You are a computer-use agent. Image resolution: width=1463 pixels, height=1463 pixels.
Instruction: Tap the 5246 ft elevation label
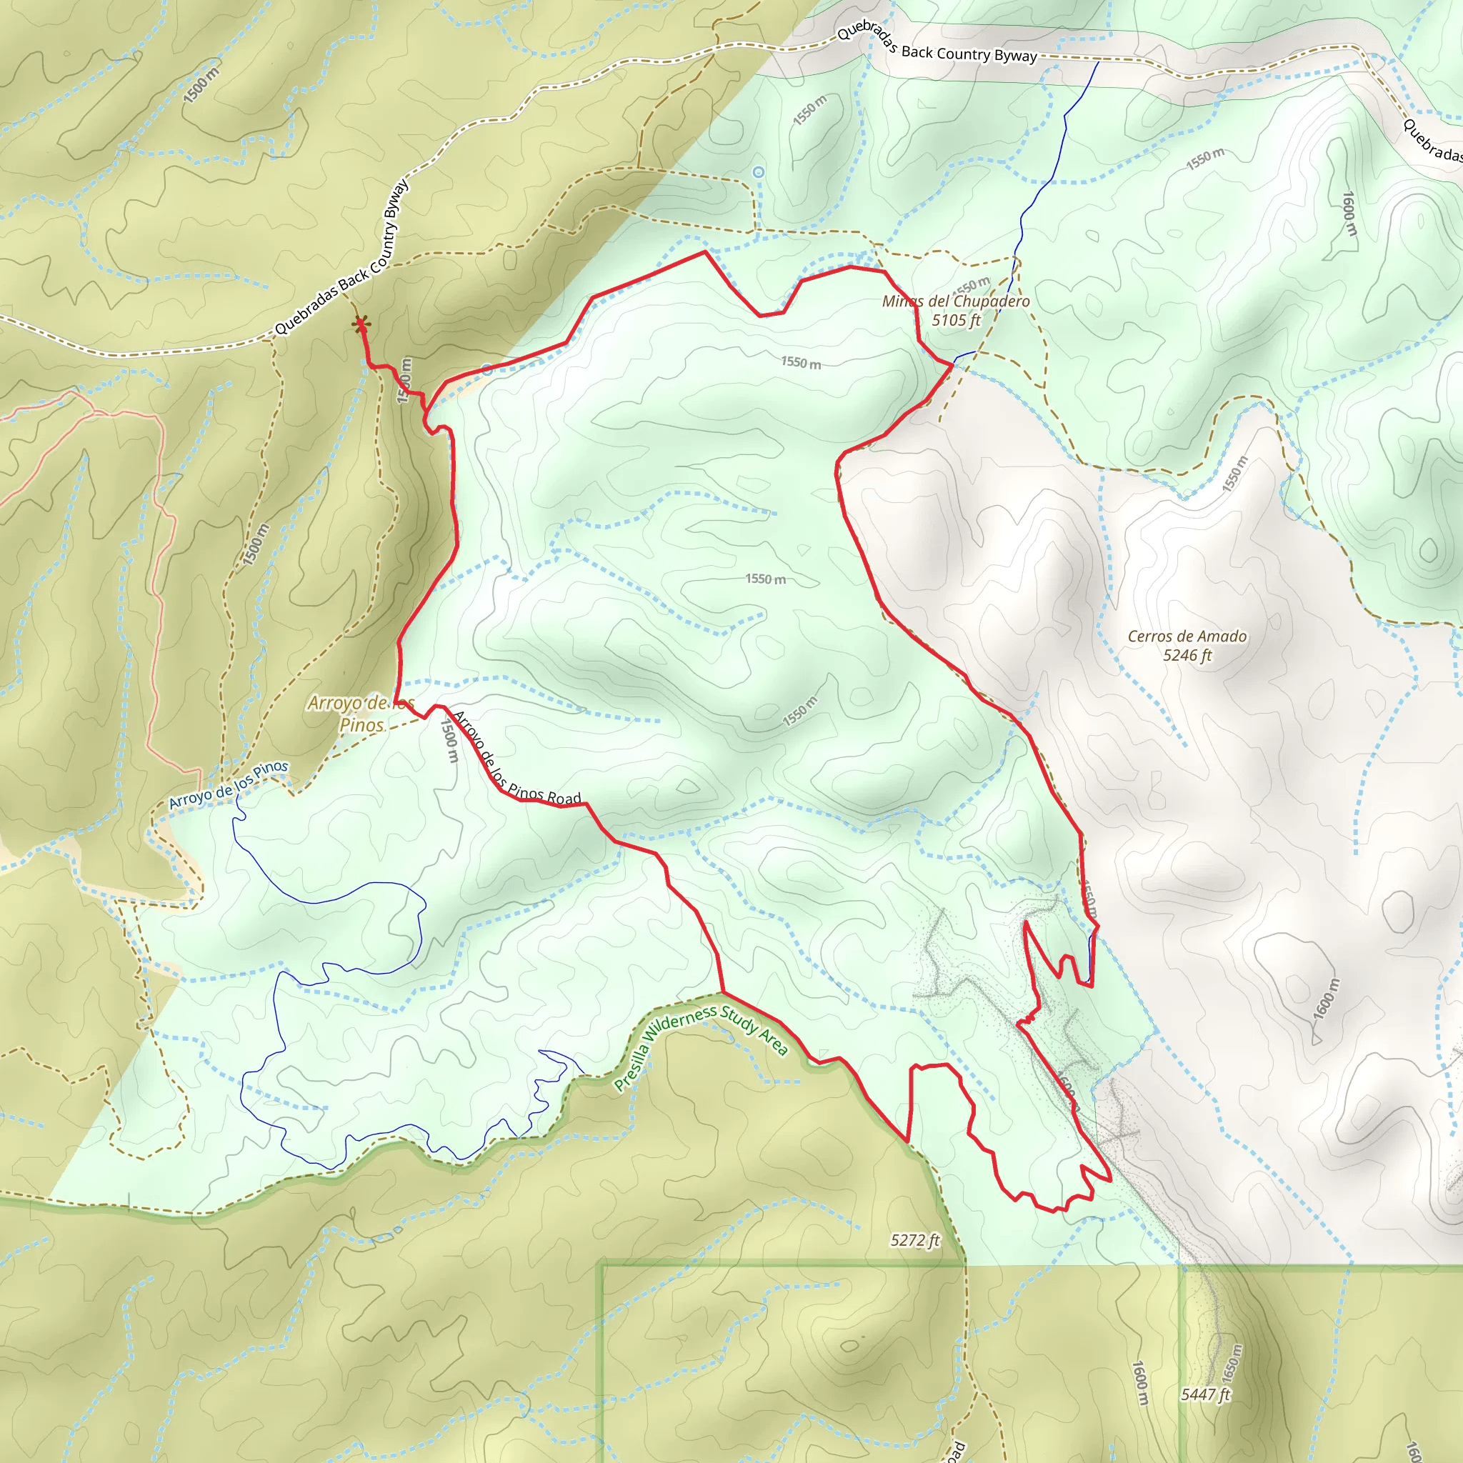click(1187, 656)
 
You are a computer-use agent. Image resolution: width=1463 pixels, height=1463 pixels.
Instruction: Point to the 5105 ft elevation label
click(956, 320)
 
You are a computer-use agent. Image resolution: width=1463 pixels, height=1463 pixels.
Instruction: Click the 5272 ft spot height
click(915, 1240)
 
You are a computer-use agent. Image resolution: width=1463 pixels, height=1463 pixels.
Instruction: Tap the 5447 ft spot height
click(1206, 1394)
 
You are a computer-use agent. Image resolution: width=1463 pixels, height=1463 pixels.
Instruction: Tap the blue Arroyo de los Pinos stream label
click(228, 785)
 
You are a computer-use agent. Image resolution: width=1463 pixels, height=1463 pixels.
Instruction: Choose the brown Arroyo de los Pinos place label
click(361, 714)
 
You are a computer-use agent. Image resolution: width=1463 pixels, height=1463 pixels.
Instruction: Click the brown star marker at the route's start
click(361, 325)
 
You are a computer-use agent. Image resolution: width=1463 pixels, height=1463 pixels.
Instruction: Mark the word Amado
click(1222, 636)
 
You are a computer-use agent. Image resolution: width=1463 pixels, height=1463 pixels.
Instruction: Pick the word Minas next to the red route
click(900, 301)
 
